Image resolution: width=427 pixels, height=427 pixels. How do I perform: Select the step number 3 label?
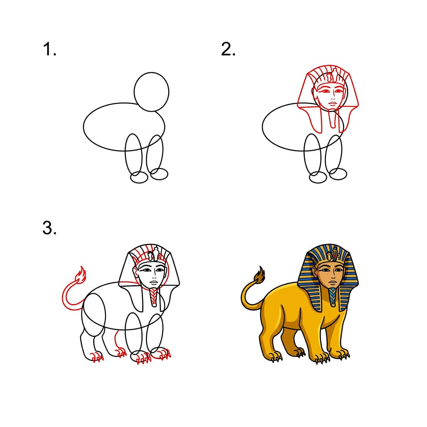click(49, 229)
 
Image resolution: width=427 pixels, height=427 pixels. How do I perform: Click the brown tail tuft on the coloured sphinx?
click(260, 275)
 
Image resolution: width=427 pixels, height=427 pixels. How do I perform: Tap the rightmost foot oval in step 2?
click(337, 173)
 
